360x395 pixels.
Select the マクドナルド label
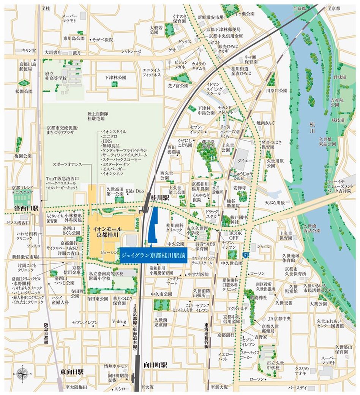(238, 298)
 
